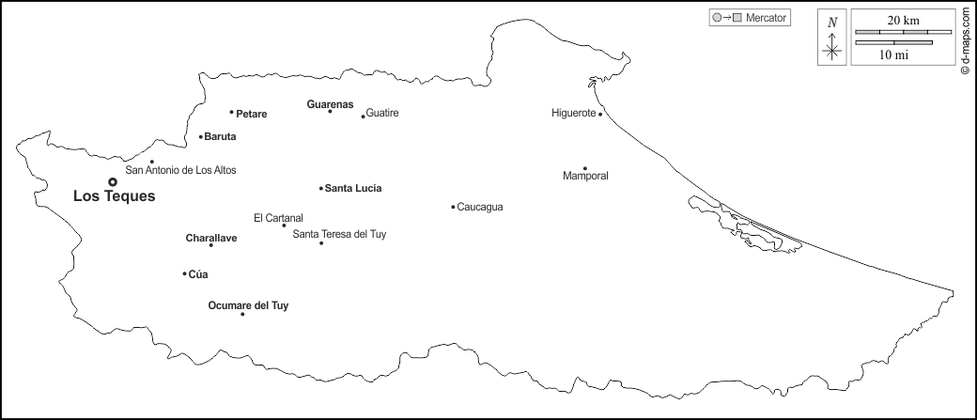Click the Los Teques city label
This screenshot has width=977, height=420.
coord(114,197)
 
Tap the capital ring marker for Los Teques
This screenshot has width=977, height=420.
coord(113,181)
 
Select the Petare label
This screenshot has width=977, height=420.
coord(252,115)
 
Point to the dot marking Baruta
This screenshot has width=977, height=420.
coord(201,137)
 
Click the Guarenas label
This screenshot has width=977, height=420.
coord(330,103)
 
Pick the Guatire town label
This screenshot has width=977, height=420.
coord(382,113)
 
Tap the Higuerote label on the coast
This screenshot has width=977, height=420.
coord(573,114)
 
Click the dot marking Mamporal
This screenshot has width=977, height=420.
coord(584,169)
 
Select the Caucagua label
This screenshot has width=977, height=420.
coord(479,207)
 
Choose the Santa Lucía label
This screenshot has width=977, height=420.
coord(353,189)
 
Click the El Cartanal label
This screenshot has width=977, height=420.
coord(278,218)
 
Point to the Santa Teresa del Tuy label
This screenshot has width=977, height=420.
coord(339,234)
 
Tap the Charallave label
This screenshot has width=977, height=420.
coord(211,239)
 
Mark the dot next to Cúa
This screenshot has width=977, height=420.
coord(184,273)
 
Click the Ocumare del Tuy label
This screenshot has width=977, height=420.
coord(248,305)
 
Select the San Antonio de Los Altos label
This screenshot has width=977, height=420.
coord(181,170)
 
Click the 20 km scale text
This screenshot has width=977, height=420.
coord(902,20)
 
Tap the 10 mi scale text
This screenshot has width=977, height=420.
coord(893,55)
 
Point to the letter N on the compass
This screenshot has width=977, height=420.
coord(832,22)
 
